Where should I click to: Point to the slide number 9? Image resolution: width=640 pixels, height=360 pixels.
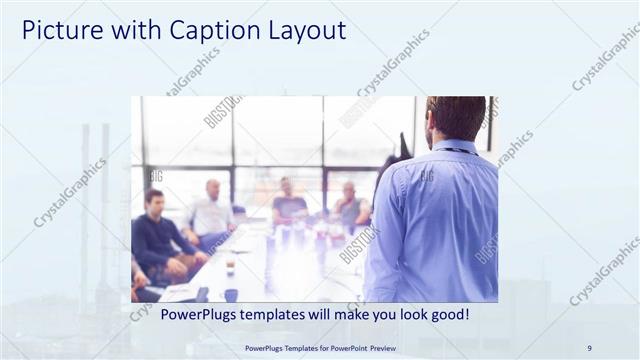pos(589,348)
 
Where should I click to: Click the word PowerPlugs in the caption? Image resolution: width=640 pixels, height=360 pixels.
pos(201,314)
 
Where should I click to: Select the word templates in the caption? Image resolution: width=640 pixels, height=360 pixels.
pos(283,314)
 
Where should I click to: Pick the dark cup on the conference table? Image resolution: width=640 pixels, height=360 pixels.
pos(230,295)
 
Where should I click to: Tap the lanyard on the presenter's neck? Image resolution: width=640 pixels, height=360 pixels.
pos(455,150)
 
